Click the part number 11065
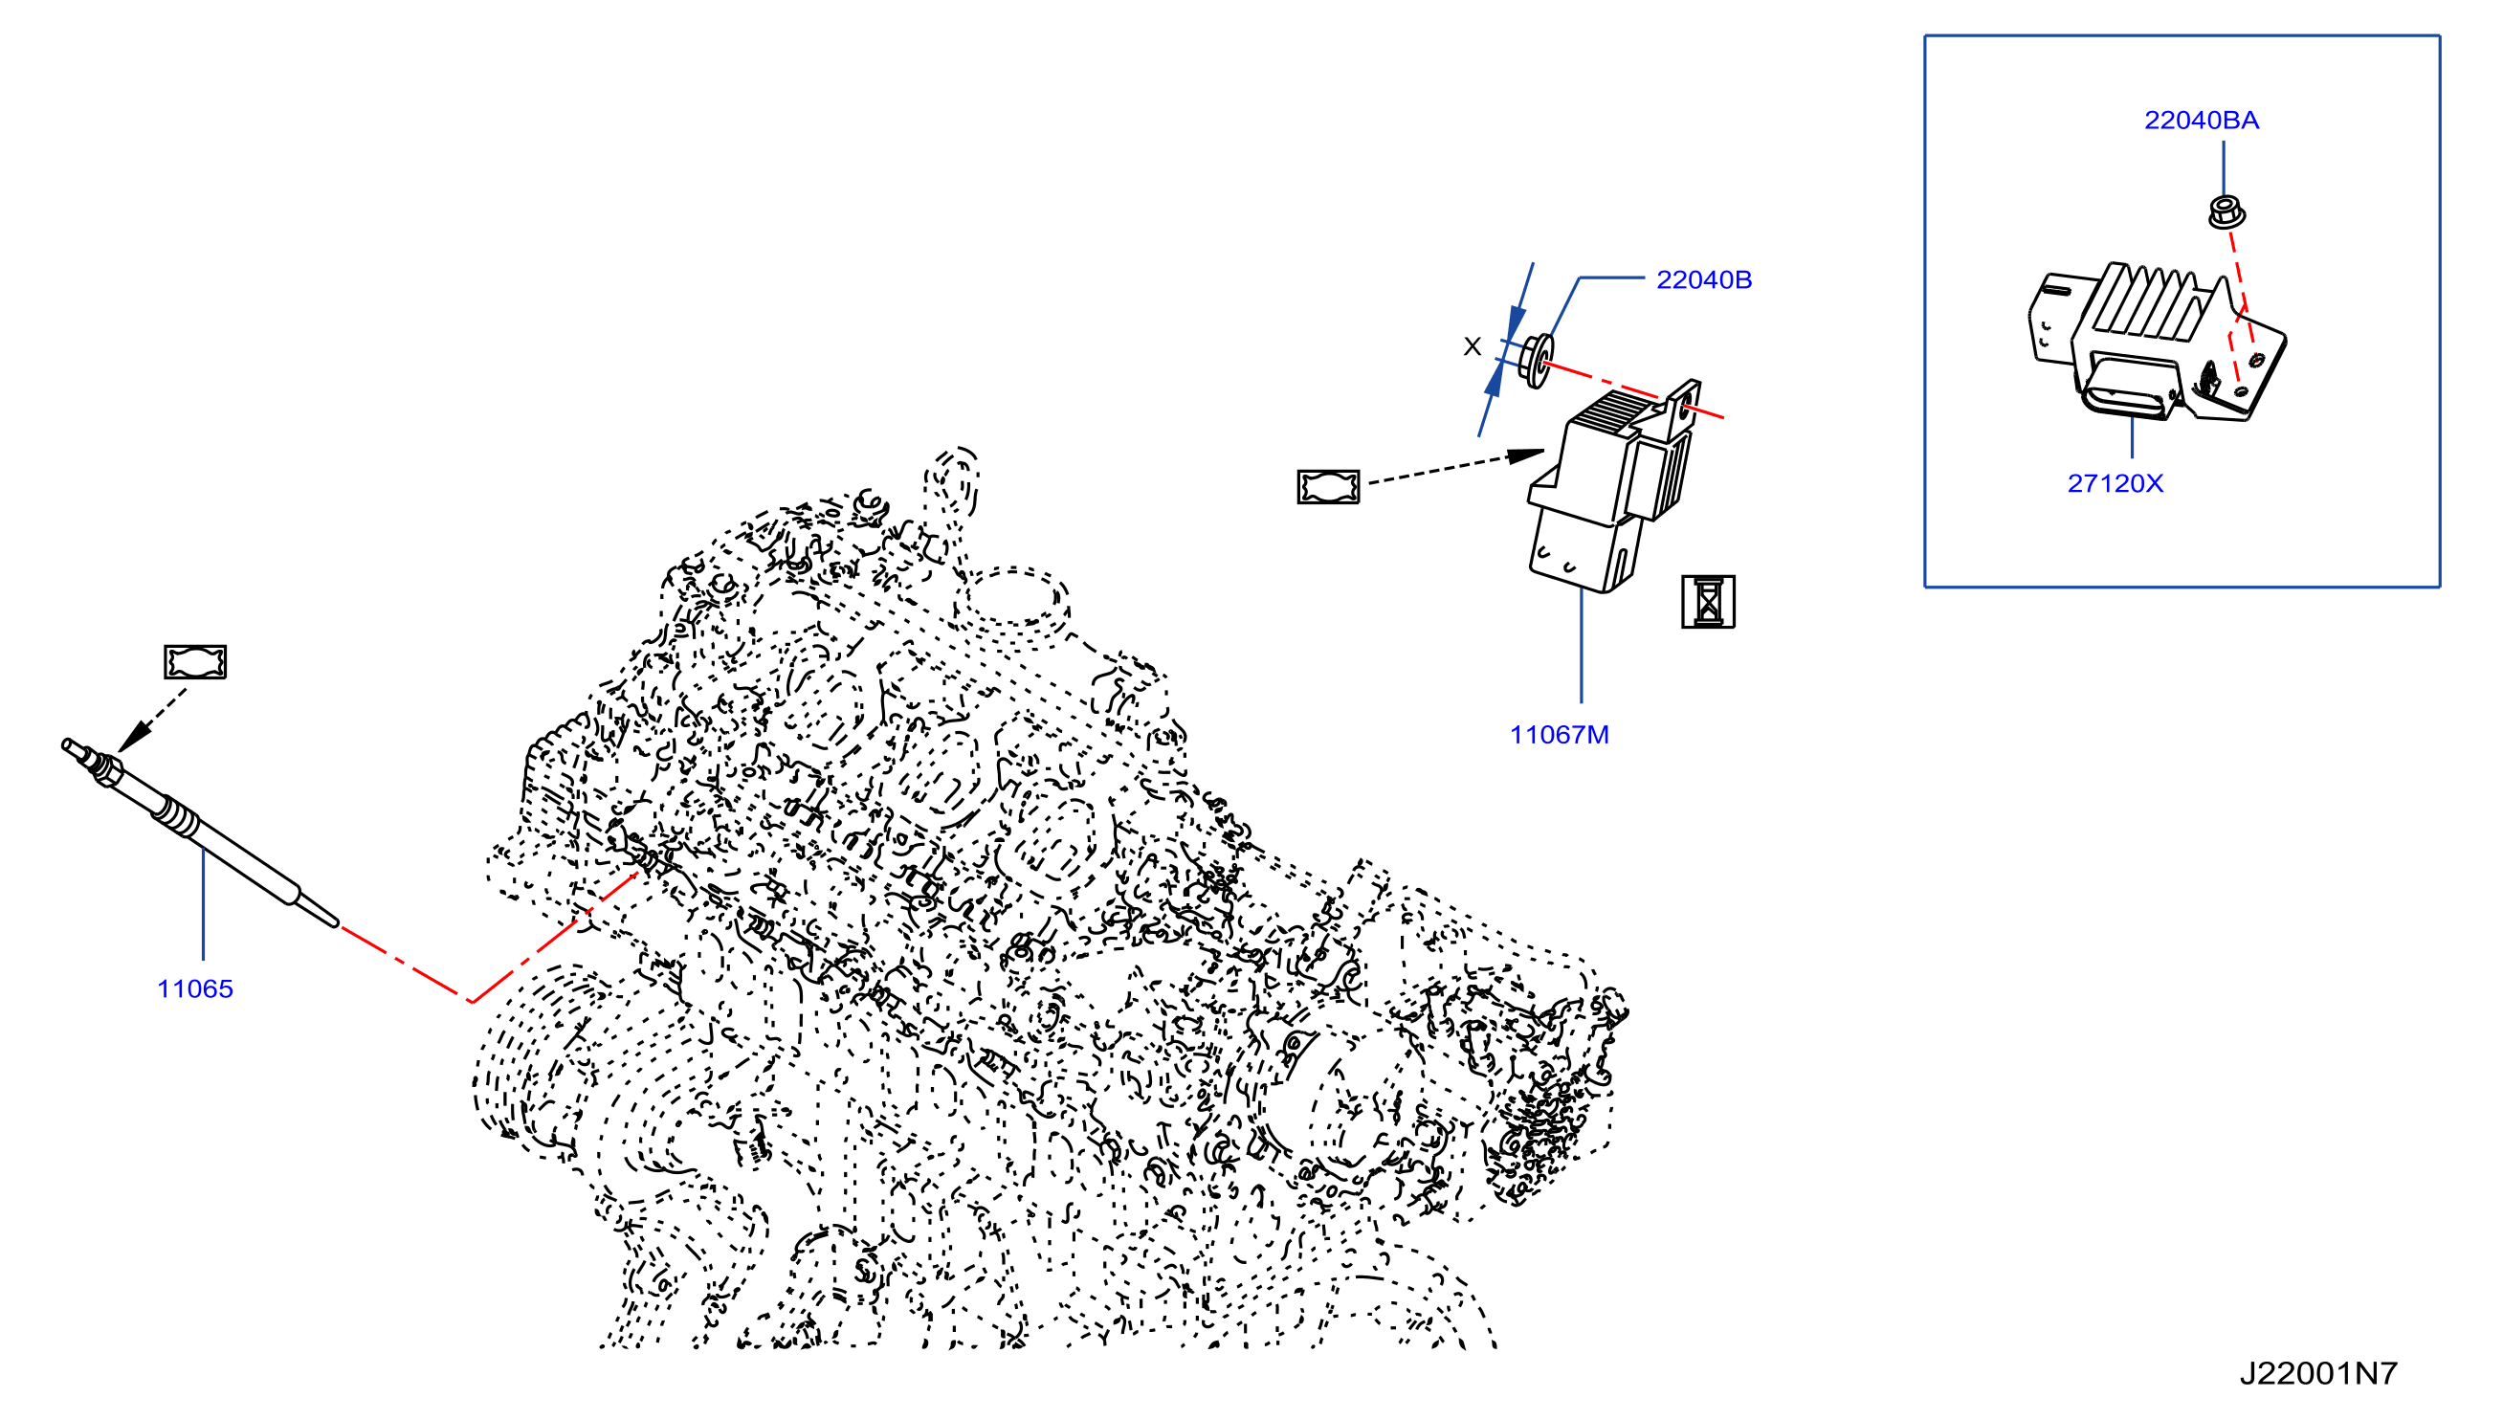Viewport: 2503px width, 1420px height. point(195,989)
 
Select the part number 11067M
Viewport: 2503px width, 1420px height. point(1560,735)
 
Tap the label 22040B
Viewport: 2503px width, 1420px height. point(1703,280)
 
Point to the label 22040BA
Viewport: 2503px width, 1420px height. point(2202,120)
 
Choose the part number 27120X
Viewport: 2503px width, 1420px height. point(2115,484)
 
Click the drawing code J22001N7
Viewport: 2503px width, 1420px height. point(2318,1373)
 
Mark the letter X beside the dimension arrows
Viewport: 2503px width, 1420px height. point(1473,346)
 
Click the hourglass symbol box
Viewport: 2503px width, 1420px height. point(1708,602)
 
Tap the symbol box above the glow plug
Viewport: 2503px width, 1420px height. point(195,662)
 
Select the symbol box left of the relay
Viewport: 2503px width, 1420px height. point(1328,487)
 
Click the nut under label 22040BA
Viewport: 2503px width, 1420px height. point(2226,212)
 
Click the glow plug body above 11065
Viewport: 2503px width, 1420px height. point(201,834)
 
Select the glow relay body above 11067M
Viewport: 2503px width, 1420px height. point(1608,488)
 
